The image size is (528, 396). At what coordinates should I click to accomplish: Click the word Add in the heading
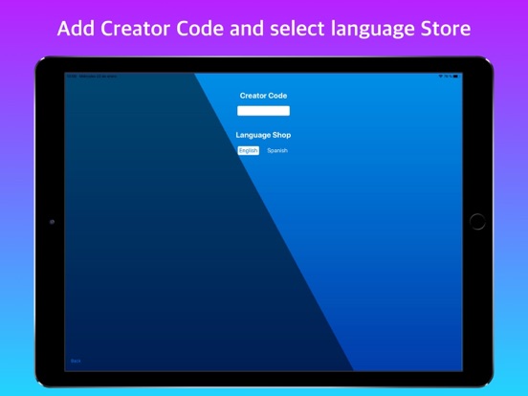tap(74, 28)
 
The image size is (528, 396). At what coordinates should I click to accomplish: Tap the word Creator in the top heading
tap(133, 28)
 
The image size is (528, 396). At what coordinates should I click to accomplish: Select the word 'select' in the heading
tap(292, 28)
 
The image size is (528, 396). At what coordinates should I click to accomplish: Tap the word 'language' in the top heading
tap(368, 29)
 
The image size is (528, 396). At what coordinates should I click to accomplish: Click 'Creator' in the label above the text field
tap(254, 96)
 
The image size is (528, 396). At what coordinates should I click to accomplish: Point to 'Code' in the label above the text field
tap(278, 96)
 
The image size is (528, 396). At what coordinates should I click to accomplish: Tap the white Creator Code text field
tap(263, 111)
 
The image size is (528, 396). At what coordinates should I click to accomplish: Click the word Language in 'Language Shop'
tap(253, 135)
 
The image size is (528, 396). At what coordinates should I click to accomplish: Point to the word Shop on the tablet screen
tap(281, 135)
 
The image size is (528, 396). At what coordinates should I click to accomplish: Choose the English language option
tap(249, 150)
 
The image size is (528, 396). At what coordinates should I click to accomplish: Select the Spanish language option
tap(277, 150)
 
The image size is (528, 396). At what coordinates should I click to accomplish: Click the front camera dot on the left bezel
tap(52, 221)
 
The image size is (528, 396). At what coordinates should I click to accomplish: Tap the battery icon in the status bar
tap(456, 76)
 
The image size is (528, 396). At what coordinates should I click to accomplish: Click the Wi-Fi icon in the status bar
tap(441, 76)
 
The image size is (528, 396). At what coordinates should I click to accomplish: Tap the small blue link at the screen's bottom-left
tap(77, 361)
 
